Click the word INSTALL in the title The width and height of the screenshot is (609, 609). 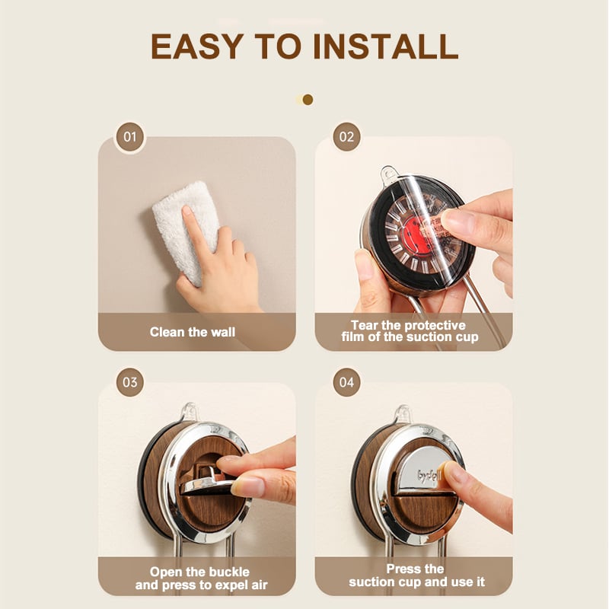pos(385,46)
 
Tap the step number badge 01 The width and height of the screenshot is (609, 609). pos(129,137)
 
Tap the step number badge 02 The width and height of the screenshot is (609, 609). pos(346,137)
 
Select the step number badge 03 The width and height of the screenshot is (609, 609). pos(129,382)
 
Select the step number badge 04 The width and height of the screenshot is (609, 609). pos(346,382)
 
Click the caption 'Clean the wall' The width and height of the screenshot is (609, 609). pos(193,332)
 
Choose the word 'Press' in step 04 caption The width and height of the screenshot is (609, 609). pos(401,569)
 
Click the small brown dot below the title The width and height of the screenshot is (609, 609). pos(308,100)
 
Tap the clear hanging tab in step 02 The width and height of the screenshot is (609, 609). pos(389,173)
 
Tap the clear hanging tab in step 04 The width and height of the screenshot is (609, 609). pos(403,413)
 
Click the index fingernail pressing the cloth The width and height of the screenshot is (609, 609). pos(187,211)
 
